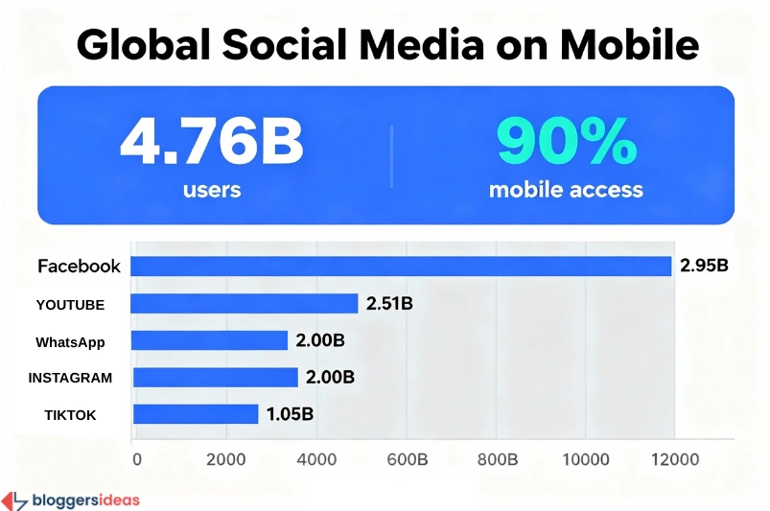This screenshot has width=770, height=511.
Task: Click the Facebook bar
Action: click(401, 266)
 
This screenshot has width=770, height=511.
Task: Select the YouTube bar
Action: click(244, 304)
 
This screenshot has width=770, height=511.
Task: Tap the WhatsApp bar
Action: click(209, 340)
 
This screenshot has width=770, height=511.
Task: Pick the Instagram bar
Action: click(215, 377)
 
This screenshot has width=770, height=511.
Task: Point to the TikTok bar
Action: click(195, 414)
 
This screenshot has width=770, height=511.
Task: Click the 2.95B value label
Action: click(705, 266)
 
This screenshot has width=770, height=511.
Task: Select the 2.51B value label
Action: click(389, 304)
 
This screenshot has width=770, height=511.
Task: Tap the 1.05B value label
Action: click(291, 414)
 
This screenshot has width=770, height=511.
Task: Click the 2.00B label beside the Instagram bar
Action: click(330, 378)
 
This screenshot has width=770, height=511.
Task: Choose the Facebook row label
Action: click(79, 267)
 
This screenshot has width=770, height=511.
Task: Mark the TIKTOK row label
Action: click(70, 415)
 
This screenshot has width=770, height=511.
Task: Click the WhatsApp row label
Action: click(70, 341)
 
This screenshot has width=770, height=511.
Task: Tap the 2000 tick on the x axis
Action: click(226, 460)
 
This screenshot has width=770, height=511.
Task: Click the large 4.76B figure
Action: click(212, 142)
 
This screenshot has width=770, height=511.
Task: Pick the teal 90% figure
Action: click(566, 142)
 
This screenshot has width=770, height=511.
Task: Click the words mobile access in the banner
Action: click(566, 189)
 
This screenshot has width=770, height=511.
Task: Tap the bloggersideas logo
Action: click(71, 499)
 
